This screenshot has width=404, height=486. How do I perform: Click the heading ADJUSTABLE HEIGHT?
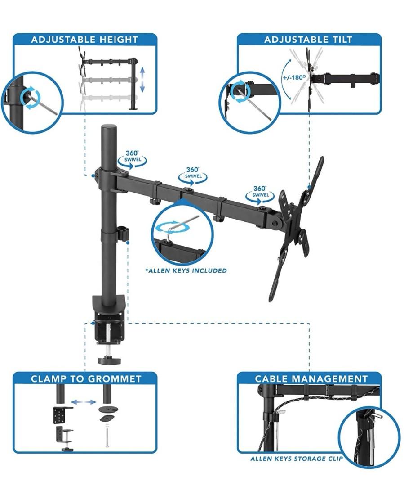pyautogui.click(x=84, y=40)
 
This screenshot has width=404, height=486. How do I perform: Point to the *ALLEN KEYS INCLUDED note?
pyautogui.click(x=186, y=270)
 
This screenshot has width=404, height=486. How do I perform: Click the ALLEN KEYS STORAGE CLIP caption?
pyautogui.click(x=296, y=459)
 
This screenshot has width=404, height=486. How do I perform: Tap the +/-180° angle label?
pyautogui.click(x=294, y=76)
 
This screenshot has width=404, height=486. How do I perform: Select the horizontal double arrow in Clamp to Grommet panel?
pyautogui.click(x=84, y=401)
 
